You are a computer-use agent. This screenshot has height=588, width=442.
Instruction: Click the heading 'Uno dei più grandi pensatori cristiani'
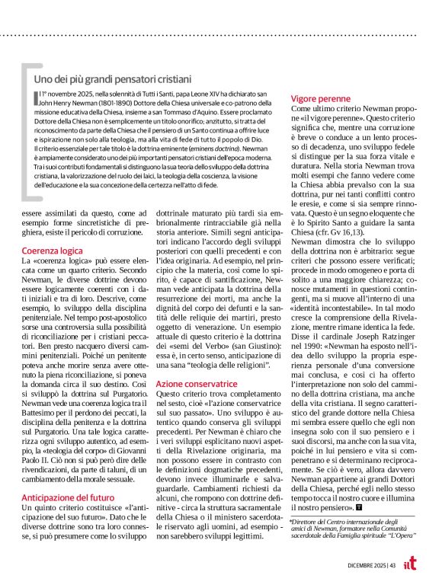point(113,78)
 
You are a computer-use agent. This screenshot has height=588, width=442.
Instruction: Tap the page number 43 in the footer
point(394,564)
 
